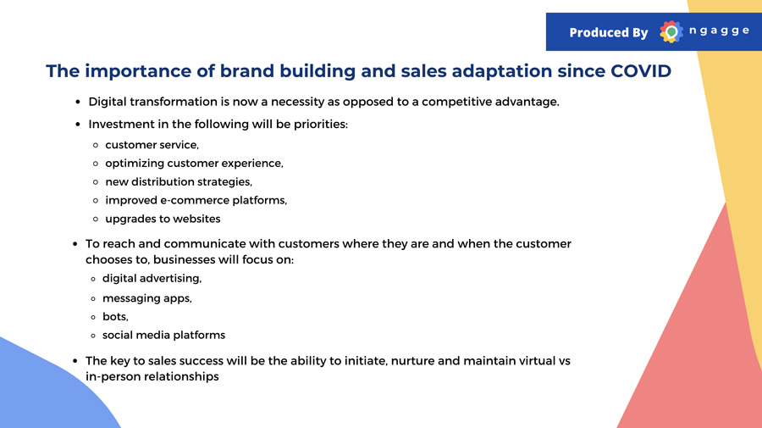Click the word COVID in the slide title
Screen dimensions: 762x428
641,71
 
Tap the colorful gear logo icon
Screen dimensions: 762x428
671,32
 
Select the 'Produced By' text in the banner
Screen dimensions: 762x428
609,32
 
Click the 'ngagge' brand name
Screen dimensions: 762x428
719,31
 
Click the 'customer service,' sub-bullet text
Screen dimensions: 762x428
152,145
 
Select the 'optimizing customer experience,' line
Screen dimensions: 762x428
195,164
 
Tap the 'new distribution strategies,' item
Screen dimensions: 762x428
179,182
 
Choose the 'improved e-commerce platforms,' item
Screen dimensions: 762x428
196,200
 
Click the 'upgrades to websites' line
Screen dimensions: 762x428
163,219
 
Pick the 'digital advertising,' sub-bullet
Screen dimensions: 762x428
152,278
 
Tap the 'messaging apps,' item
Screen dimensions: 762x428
147,298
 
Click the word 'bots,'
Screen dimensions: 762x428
116,317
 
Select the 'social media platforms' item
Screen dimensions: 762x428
163,335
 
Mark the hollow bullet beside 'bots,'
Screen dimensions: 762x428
93,317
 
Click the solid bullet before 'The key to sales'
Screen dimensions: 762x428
75,361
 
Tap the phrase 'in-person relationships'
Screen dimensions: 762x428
152,376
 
